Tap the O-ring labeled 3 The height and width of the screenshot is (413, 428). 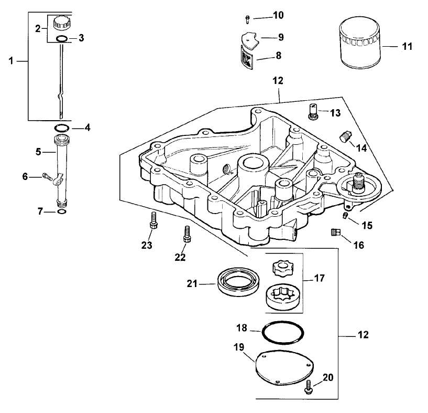(61, 38)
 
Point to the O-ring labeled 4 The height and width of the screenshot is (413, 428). (61, 128)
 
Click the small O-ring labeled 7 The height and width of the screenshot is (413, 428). (61, 211)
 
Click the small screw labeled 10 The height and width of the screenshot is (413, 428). (247, 19)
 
